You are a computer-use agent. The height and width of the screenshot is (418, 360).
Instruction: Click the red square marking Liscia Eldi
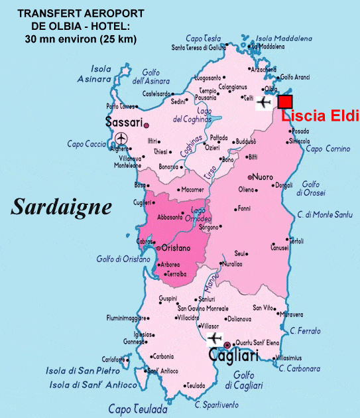[x=285, y=102]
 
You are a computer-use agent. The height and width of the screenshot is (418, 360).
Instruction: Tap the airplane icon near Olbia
[x=265, y=103]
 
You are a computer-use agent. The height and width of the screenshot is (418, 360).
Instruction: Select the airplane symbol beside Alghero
[x=121, y=138]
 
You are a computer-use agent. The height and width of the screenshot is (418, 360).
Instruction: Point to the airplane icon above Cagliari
[x=213, y=338]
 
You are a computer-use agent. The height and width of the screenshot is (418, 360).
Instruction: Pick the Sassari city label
[x=124, y=123]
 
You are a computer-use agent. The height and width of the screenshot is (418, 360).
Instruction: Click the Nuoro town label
[x=263, y=178]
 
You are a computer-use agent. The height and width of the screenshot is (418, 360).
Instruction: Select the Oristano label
[x=176, y=248]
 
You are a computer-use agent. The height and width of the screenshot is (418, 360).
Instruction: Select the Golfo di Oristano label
[x=123, y=259]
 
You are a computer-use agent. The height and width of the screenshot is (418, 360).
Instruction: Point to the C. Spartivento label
[x=216, y=405]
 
